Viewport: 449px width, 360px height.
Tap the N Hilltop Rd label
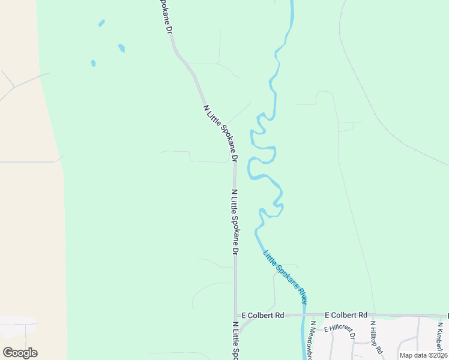click(376, 337)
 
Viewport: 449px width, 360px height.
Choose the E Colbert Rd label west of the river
click(262, 315)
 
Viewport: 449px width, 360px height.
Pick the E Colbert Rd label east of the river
click(346, 315)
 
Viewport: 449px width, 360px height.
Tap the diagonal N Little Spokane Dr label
click(220, 134)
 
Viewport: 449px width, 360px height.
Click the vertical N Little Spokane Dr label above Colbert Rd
click(235, 223)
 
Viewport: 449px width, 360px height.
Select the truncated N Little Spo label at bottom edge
click(236, 340)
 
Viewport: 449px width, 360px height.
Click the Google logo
click(20, 353)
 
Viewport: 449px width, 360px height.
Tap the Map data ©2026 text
click(423, 355)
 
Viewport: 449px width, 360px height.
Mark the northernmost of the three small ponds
click(101, 23)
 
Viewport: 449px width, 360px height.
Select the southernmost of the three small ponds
click(93, 63)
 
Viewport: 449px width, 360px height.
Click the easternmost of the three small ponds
click(121, 47)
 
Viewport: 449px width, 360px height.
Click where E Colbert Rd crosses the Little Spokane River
click(304, 315)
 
